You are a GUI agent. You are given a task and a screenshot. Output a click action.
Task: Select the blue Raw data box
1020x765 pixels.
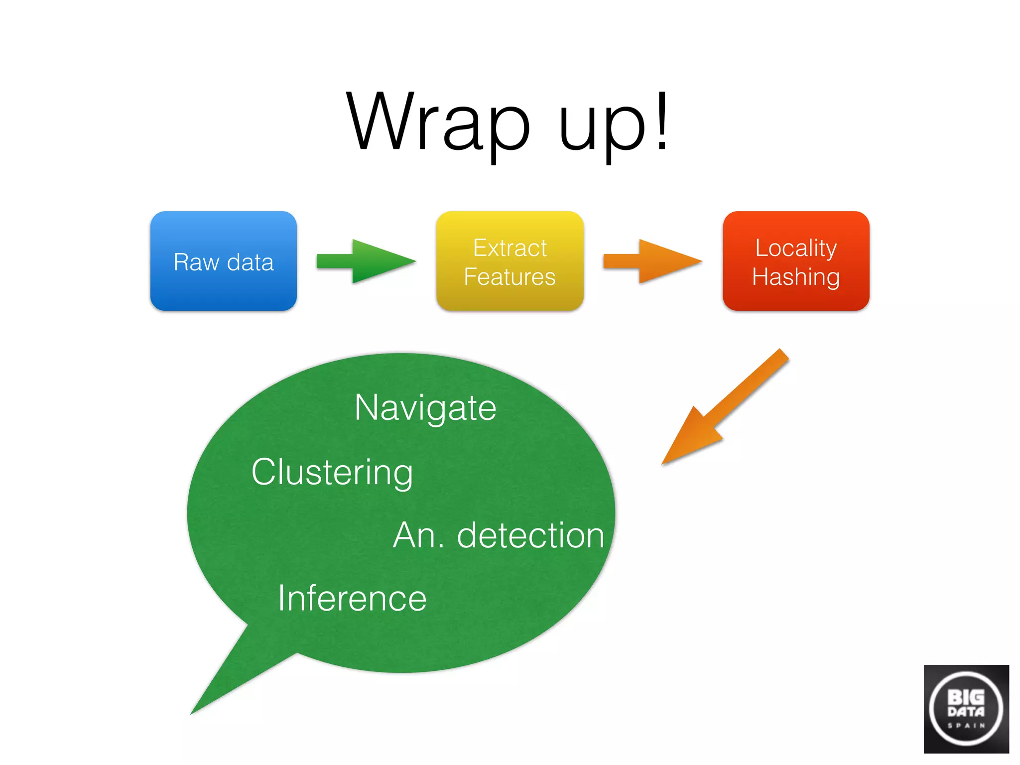click(224, 261)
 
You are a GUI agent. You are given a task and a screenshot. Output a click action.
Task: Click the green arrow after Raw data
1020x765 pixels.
click(366, 261)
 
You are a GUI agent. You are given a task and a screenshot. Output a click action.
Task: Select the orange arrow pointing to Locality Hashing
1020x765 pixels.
click(652, 261)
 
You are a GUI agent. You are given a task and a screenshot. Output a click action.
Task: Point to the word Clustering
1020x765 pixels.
click(332, 472)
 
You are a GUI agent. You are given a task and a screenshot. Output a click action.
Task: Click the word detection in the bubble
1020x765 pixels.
click(530, 535)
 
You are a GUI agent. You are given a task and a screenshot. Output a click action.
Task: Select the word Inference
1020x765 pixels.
click(352, 598)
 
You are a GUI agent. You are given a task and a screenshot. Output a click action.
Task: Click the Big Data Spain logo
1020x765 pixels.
click(966, 708)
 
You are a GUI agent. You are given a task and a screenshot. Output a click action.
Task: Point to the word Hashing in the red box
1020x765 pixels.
click(795, 277)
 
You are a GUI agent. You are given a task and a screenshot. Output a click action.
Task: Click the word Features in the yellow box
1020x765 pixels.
click(510, 277)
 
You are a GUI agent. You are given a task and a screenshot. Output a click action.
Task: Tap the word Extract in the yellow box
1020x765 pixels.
click(510, 248)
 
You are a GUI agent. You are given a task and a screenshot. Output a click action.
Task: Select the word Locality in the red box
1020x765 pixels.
click(795, 248)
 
